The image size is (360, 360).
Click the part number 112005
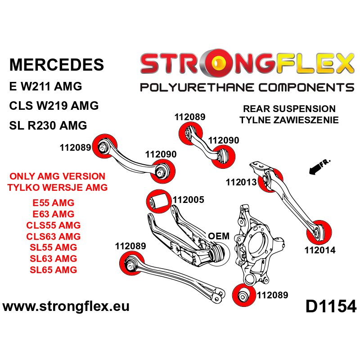pyautogui.click(x=189, y=200)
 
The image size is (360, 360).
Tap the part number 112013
pyautogui.click(x=241, y=182)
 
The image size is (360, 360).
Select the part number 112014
pyautogui.click(x=320, y=250)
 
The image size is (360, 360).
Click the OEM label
pyautogui.click(x=219, y=236)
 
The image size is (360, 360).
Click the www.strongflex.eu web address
pyautogui.click(x=66, y=307)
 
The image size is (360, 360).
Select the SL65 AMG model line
pyautogui.click(x=53, y=270)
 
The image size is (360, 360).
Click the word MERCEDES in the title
pyautogui.click(x=57, y=64)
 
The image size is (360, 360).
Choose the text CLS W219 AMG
pyautogui.click(x=54, y=106)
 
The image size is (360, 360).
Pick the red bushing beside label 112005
pyautogui.click(x=158, y=201)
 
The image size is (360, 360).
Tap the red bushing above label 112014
pyautogui.click(x=319, y=231)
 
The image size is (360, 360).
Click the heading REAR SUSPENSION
pyautogui.click(x=289, y=109)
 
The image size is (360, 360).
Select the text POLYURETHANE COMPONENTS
pyautogui.click(x=247, y=87)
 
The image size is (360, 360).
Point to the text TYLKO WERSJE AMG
pyautogui.click(x=58, y=188)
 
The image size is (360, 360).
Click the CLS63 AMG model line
pyautogui.click(x=53, y=236)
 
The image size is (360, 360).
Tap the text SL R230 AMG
pyautogui.click(x=48, y=126)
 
